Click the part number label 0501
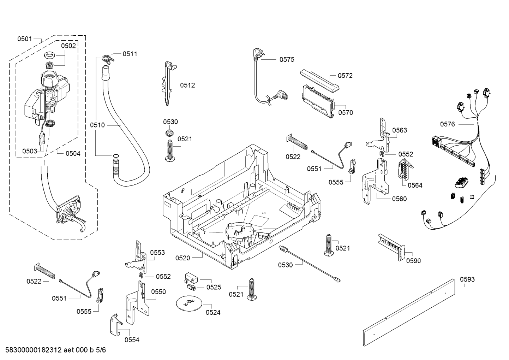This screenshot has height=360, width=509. (x=25, y=39)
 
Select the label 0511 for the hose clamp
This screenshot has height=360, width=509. (x=130, y=54)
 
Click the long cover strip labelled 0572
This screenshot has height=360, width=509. (x=319, y=81)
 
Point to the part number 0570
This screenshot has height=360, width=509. (x=345, y=113)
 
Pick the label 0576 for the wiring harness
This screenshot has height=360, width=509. (x=447, y=124)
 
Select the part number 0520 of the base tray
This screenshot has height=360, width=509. (x=182, y=258)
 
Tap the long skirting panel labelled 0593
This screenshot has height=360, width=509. (x=408, y=312)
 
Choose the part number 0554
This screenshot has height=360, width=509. (x=132, y=340)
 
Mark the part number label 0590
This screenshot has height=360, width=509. (x=413, y=261)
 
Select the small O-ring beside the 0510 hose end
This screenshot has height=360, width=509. (x=115, y=156)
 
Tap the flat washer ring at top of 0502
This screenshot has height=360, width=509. (x=49, y=55)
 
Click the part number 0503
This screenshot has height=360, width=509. (x=30, y=151)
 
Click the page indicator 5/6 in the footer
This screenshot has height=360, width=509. (x=101, y=350)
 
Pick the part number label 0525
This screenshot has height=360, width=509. (x=214, y=287)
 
